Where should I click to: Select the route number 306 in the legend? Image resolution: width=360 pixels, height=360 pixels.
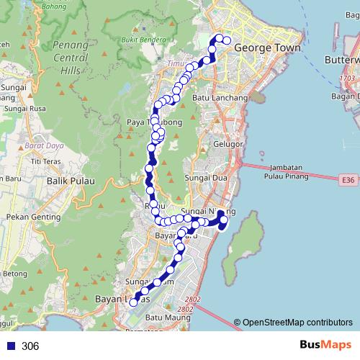pyautogui.click(x=30, y=346)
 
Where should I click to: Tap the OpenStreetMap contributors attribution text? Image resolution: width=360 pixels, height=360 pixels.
pyautogui.click(x=297, y=323)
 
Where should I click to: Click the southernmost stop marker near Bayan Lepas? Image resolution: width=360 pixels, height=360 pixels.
pyautogui.click(x=132, y=304)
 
